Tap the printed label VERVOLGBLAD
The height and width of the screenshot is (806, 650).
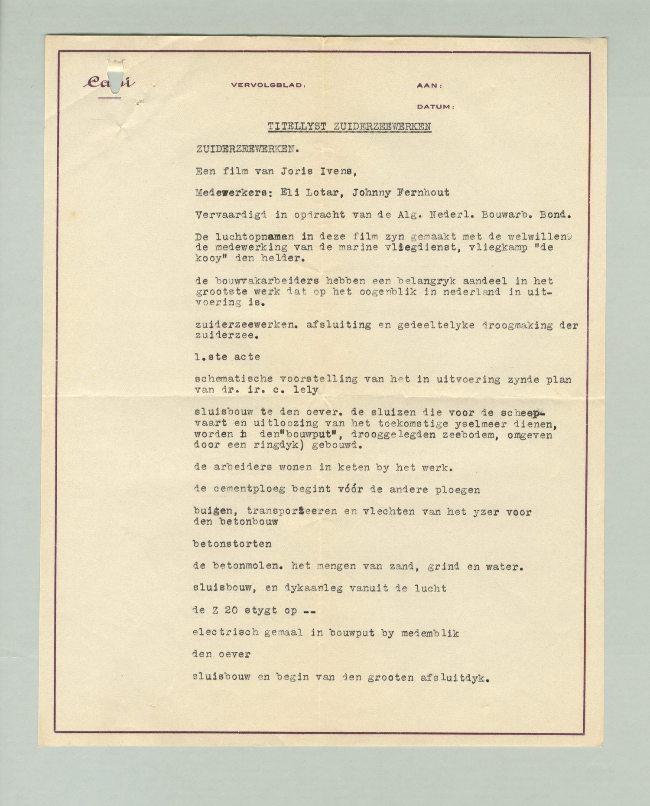click(268, 85)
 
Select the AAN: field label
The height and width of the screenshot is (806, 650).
click(429, 86)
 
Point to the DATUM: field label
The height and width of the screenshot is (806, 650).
click(435, 106)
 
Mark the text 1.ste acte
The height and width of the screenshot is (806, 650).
click(227, 357)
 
